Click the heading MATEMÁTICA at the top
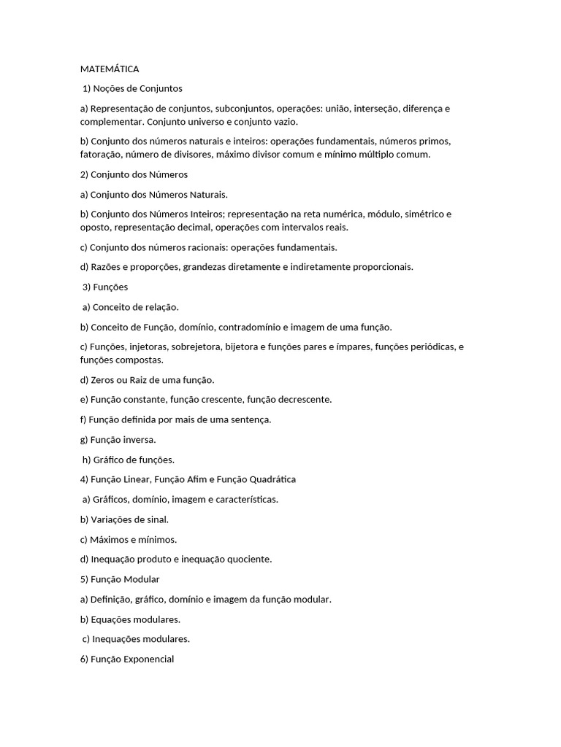click(x=110, y=69)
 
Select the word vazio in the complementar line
click(x=285, y=121)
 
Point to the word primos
click(x=435, y=142)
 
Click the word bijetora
click(x=242, y=347)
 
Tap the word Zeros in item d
click(x=103, y=380)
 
